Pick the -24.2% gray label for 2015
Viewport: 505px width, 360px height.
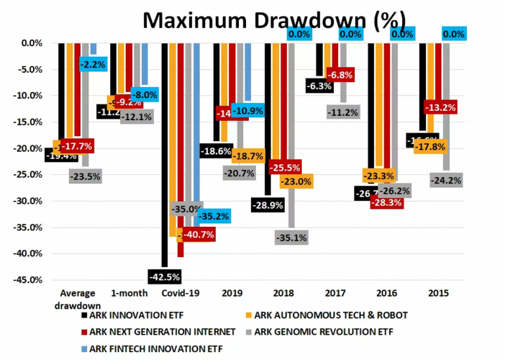[x=447, y=181]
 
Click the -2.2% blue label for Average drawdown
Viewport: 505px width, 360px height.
[x=93, y=64]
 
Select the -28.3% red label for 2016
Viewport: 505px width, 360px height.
[x=386, y=203]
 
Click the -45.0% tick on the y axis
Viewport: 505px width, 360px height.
[x=27, y=280]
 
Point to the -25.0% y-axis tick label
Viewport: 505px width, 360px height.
[x=27, y=174]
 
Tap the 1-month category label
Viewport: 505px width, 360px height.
[x=129, y=293]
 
